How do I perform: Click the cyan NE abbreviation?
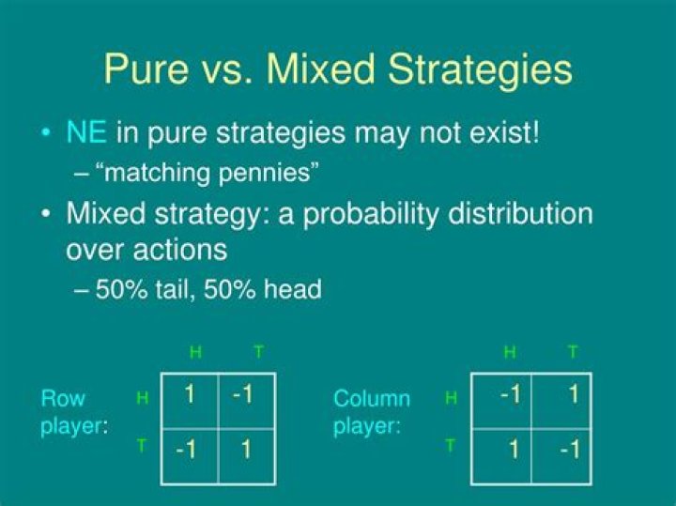click(x=86, y=132)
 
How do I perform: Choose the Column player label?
click(x=372, y=412)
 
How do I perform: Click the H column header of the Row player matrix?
click(x=195, y=352)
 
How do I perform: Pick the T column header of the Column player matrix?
click(x=573, y=352)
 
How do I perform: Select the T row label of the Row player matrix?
click(x=142, y=445)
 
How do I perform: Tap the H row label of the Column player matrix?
click(x=450, y=398)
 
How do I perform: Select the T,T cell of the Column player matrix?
click(x=569, y=450)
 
